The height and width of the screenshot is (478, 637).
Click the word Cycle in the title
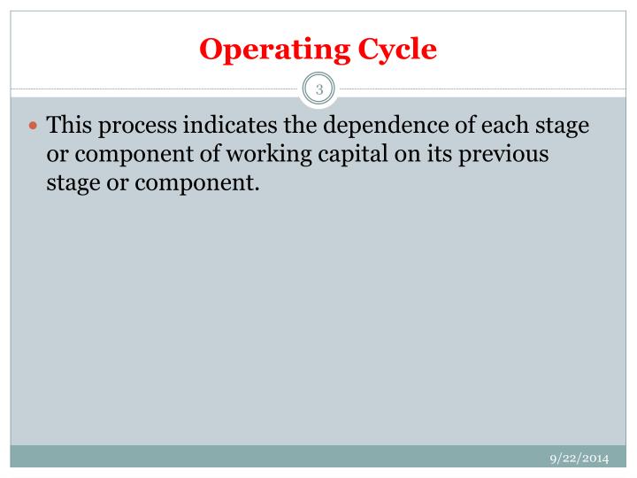click(x=395, y=50)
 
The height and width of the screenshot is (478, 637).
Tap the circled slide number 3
click(x=318, y=89)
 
